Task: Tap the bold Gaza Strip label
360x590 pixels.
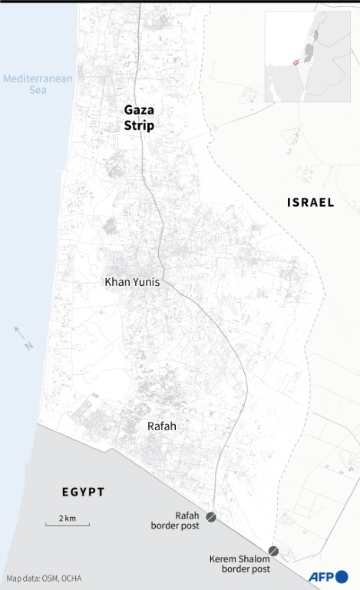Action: [x=139, y=118]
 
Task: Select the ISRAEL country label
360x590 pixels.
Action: [x=310, y=203]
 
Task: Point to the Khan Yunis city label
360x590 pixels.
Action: [x=132, y=283]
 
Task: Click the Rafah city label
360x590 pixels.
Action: [x=161, y=426]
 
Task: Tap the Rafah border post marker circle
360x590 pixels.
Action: [x=211, y=519]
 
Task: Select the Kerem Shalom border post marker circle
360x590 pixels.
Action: [x=273, y=551]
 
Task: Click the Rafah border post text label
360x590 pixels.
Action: [x=177, y=520]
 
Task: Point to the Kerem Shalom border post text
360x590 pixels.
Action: [x=239, y=564]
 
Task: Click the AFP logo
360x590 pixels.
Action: [x=329, y=576]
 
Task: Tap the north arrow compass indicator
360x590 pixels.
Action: [x=23, y=337]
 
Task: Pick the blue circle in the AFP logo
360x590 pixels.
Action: [x=342, y=576]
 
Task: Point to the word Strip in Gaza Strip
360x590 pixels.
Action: [x=139, y=126]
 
